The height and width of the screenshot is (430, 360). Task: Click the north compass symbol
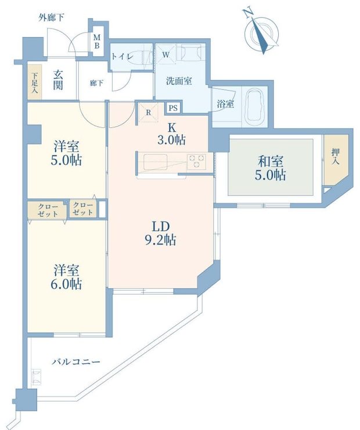tap(262, 33)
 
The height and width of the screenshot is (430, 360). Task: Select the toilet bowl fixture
tap(145, 57)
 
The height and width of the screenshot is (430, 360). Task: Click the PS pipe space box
tap(173, 107)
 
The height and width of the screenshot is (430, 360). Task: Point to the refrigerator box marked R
tap(148, 112)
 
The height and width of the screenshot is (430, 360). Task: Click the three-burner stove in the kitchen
tap(196, 161)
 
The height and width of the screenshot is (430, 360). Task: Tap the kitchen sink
tap(156, 162)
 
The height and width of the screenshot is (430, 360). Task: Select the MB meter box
tap(97, 41)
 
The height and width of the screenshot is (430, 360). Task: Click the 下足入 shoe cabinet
tap(34, 83)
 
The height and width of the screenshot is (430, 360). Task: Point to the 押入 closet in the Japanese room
tap(336, 160)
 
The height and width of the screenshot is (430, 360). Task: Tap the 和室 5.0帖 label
tap(270, 168)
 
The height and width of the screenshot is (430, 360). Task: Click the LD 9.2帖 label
tap(160, 234)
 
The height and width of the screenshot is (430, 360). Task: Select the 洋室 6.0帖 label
tap(67, 277)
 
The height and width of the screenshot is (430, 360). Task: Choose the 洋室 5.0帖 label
tap(67, 153)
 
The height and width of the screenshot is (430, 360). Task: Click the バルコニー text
tap(76, 362)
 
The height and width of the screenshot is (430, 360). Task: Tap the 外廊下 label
tap(51, 18)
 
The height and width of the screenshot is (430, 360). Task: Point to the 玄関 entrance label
tap(58, 80)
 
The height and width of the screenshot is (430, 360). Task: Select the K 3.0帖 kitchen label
tap(171, 134)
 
